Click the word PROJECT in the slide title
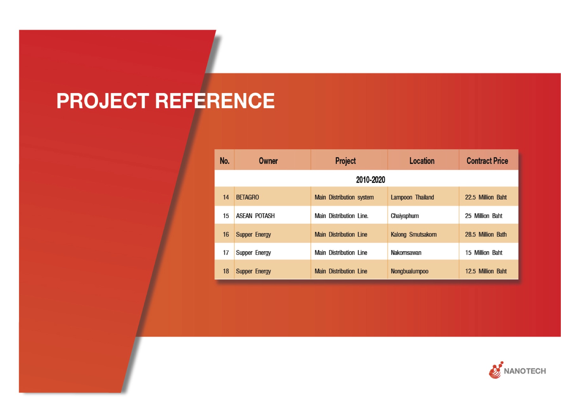pyautogui.click(x=103, y=101)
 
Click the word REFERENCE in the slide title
pyautogui.click(x=215, y=101)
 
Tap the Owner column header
pyautogui.click(x=268, y=161)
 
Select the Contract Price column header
pyautogui.click(x=487, y=161)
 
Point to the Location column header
pyautogui.click(x=422, y=161)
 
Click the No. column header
pyautogui.click(x=224, y=161)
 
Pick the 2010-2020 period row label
pyautogui.click(x=370, y=180)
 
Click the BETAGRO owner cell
pyautogui.click(x=248, y=197)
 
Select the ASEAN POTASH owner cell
pyautogui.click(x=255, y=216)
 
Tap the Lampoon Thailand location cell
pyautogui.click(x=412, y=197)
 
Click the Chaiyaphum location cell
pyautogui.click(x=405, y=216)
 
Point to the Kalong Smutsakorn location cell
pyautogui.click(x=413, y=234)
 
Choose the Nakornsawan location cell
pyautogui.click(x=406, y=252)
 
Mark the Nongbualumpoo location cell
pyautogui.click(x=409, y=271)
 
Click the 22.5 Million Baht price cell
pyautogui.click(x=486, y=197)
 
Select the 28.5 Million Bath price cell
pyautogui.click(x=486, y=234)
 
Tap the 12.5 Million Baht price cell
pyautogui.click(x=486, y=271)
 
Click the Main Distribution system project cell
pyautogui.click(x=344, y=197)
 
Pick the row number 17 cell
pyautogui.click(x=226, y=252)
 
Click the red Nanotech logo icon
pyautogui.click(x=496, y=370)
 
